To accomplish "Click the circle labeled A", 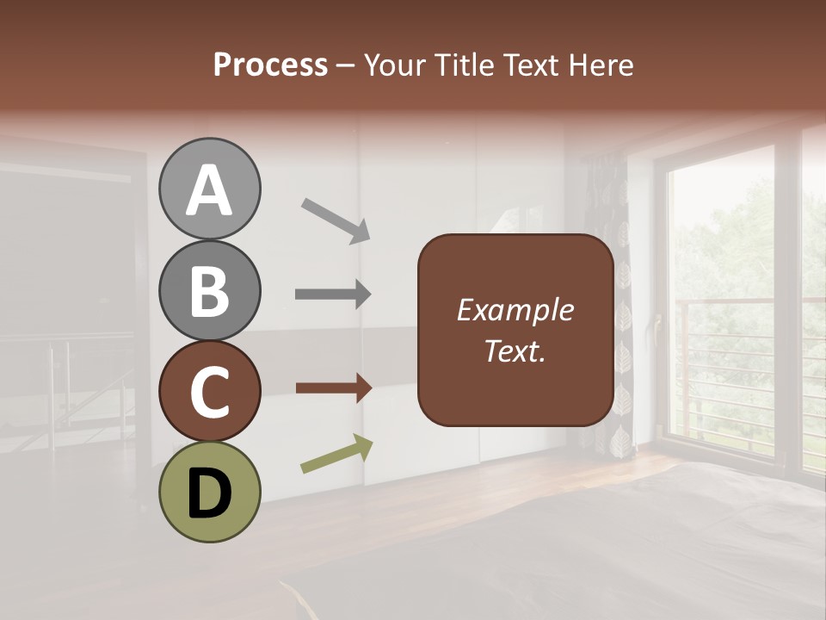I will point(209,189).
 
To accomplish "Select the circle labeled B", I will point(209,290).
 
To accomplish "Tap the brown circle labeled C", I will point(209,391).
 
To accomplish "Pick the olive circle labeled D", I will point(209,492).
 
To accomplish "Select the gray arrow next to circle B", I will point(333,294).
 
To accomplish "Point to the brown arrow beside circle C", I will point(333,388).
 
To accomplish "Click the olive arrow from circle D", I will point(336,454).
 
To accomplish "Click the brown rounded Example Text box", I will point(515,330).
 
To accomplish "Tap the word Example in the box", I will point(515,310).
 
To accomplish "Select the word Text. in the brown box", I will point(515,350).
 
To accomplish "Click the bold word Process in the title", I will point(270,65).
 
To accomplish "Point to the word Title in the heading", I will point(467,65).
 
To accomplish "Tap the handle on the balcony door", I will point(658,328).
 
